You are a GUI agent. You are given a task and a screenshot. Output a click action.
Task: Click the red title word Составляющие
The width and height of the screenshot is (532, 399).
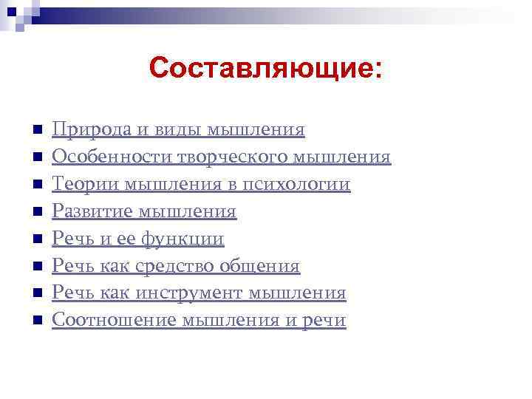tap(265, 69)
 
